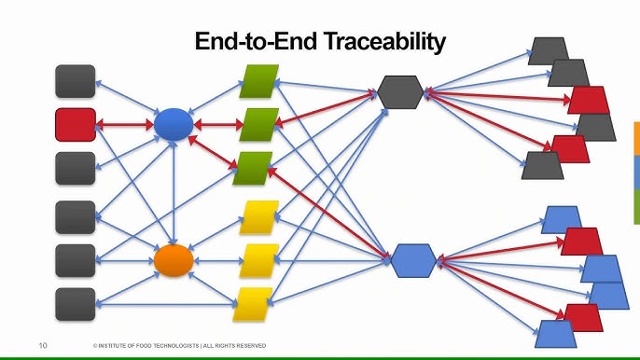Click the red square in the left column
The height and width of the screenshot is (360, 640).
coord(76,124)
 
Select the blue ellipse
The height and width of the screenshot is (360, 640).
coord(174,124)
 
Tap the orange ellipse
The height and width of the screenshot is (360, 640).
coord(174,260)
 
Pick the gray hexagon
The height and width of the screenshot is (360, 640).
coord(400,91)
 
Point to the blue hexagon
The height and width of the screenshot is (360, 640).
coord(413,261)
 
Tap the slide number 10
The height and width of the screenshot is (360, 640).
coord(43,346)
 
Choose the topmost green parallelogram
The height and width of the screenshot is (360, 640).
coord(259,81)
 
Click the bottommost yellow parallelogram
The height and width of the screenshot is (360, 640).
coord(253,304)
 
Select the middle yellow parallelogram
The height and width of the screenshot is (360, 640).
coord(259,261)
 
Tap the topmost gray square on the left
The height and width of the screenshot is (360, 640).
coord(76,81)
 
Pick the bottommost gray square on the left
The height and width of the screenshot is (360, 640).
coord(76,304)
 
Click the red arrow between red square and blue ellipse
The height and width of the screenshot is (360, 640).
coord(124,124)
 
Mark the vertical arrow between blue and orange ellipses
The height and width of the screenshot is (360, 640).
coord(174,193)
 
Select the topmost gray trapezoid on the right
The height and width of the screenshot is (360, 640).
coord(549,51)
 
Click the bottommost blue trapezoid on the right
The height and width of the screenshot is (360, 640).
coord(555,334)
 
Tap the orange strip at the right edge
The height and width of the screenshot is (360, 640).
coord(636,139)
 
